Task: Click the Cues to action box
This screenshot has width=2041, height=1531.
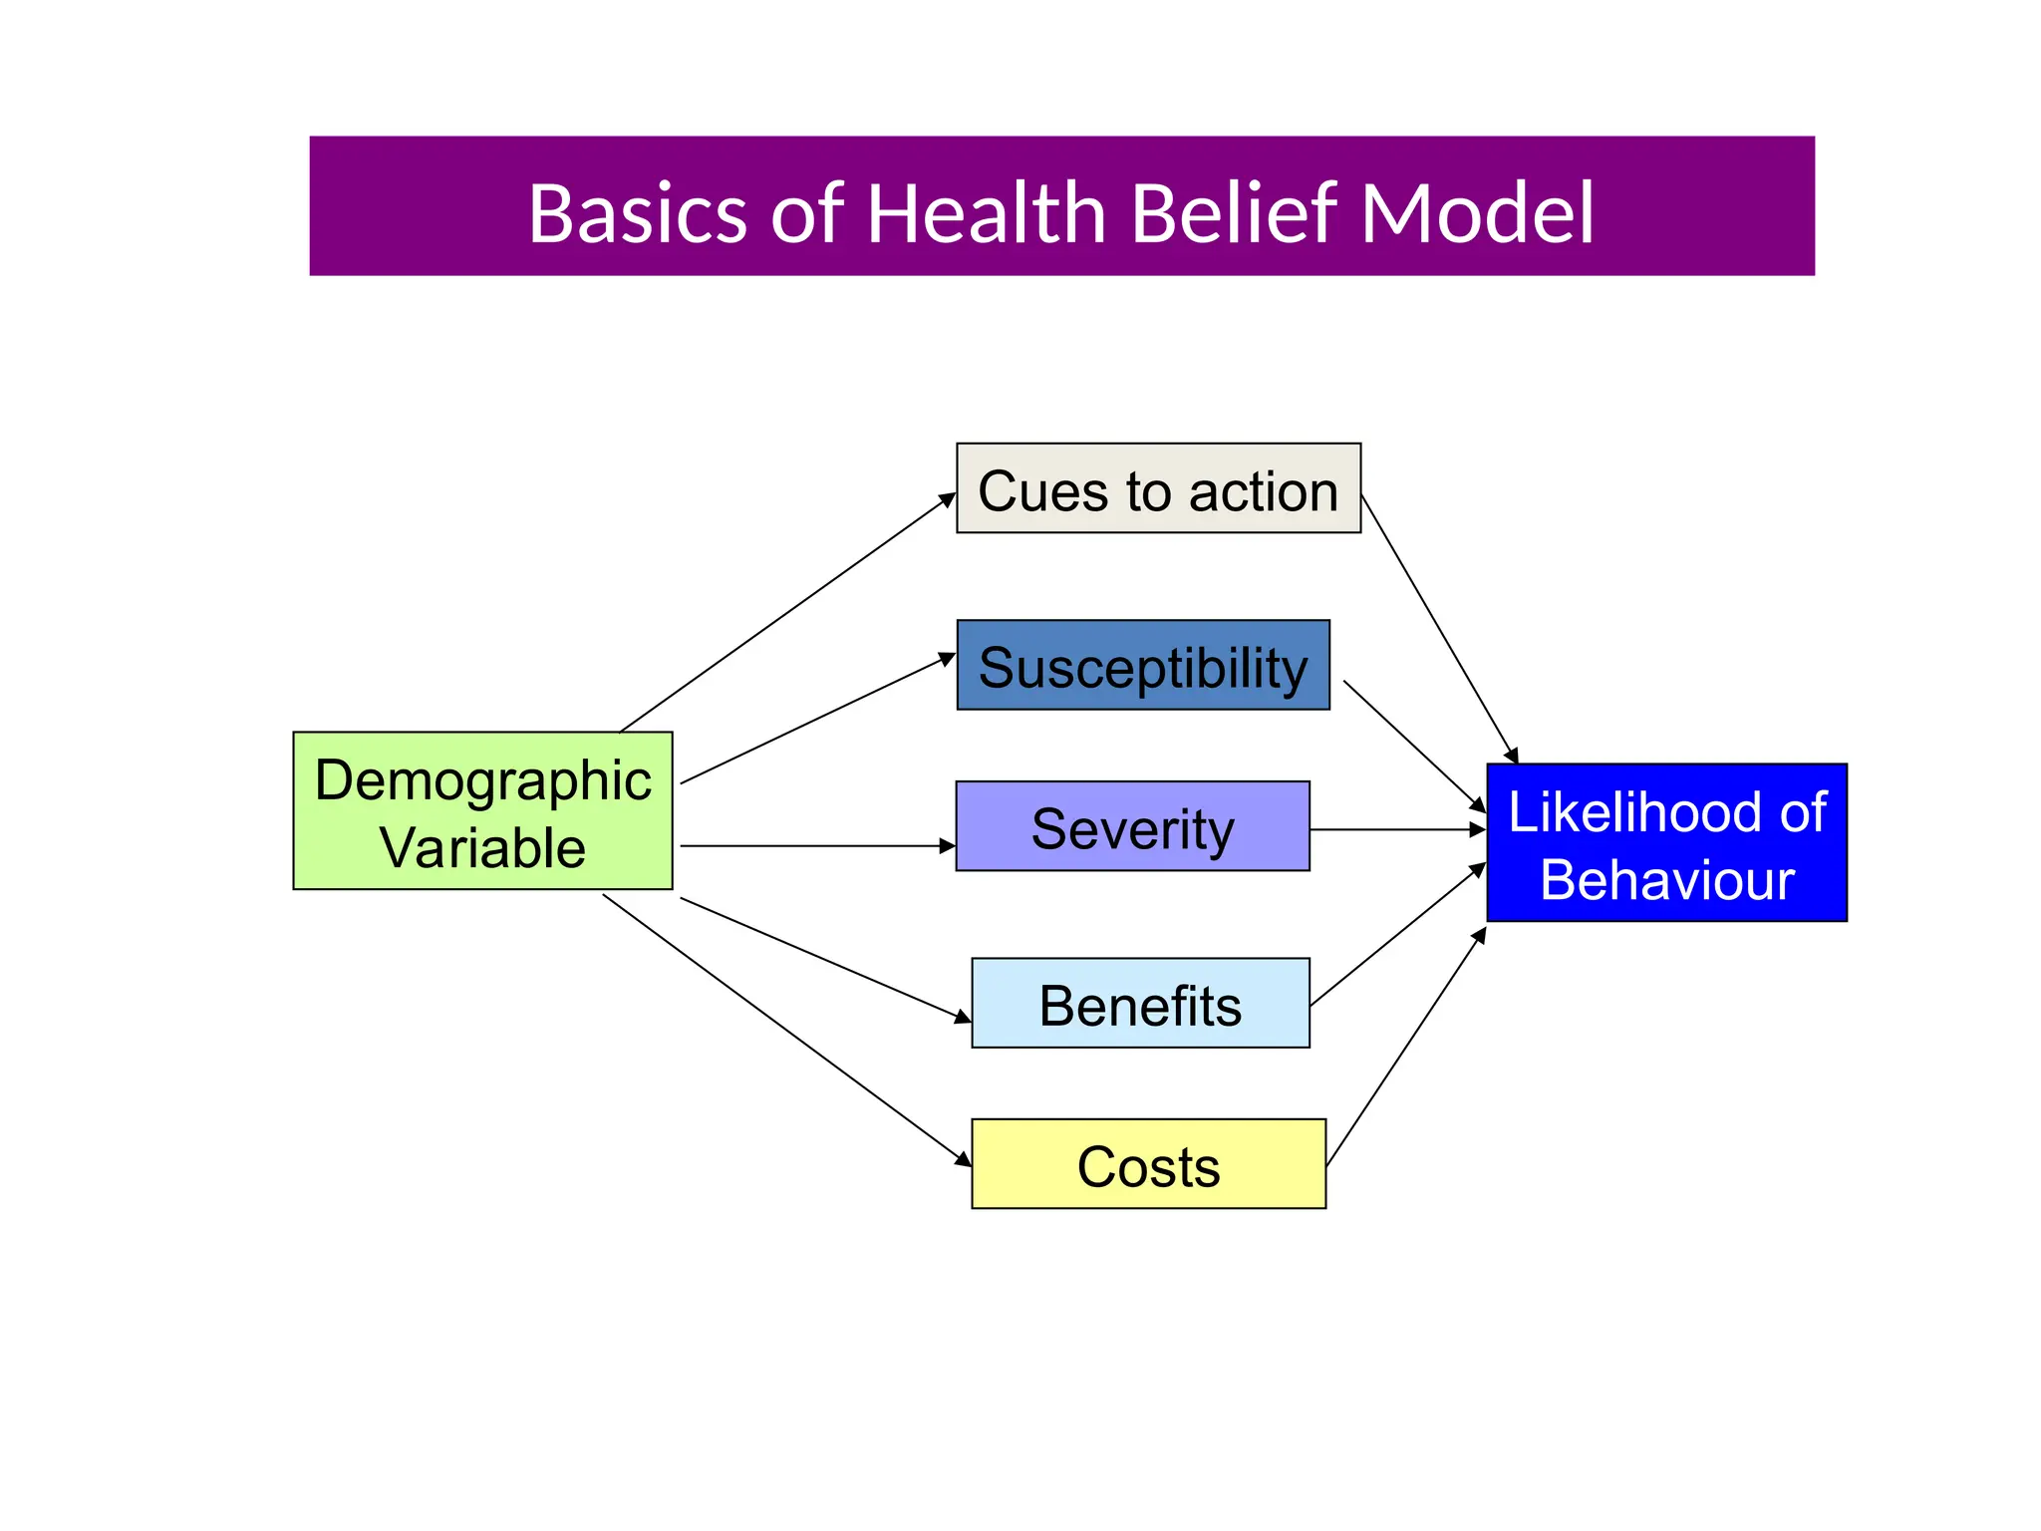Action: (1158, 488)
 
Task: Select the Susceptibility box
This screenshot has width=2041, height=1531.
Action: (1143, 665)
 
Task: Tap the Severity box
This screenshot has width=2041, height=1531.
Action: (1132, 826)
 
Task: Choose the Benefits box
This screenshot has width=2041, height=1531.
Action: (1140, 1003)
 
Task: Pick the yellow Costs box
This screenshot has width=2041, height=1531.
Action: (1148, 1164)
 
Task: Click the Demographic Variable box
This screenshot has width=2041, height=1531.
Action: (482, 810)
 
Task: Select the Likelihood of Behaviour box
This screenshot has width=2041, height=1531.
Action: (1666, 842)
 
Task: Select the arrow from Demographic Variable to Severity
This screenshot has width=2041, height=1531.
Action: (817, 846)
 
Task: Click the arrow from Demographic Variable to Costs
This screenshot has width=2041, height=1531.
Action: (787, 1031)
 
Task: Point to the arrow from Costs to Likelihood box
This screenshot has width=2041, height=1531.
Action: (1406, 1047)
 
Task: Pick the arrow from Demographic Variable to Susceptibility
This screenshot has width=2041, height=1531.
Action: (817, 719)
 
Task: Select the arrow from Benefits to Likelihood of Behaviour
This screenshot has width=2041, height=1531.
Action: (1397, 935)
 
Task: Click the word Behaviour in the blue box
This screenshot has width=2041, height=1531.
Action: (1666, 880)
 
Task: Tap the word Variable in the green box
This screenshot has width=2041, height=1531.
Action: (482, 848)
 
